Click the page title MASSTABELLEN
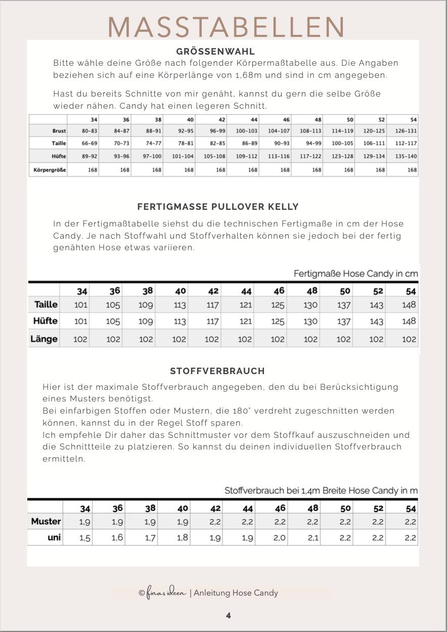coord(227,26)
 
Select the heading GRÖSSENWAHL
coord(215,52)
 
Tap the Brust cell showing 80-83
coord(89,130)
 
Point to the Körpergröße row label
coord(48,170)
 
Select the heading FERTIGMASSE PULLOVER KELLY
coord(218,207)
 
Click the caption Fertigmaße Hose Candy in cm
coord(356,274)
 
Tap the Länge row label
coord(44,339)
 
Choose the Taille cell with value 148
coord(409,305)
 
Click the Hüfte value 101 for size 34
coord(80,321)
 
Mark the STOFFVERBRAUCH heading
coord(217,371)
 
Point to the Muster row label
coord(46,521)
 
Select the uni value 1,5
coord(85,538)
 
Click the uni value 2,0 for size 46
coord(280,538)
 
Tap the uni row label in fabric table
coord(54,538)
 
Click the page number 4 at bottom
coord(229,615)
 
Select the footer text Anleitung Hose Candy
coord(236,593)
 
